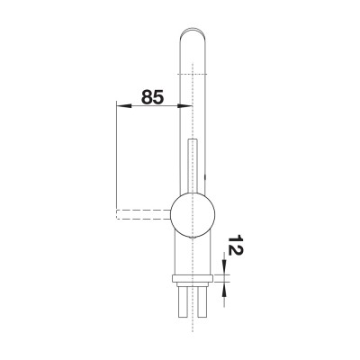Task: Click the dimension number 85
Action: point(151,96)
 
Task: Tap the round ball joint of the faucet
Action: point(193,213)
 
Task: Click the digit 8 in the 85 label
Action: point(144,96)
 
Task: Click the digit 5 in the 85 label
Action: point(159,96)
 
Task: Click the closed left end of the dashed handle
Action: point(117,213)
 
